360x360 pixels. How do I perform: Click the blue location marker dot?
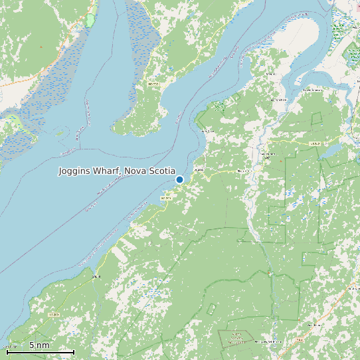tap(179, 179)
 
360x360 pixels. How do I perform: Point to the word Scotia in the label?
tap(162, 171)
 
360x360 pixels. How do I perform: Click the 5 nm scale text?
tap(39, 345)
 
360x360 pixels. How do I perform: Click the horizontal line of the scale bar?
tap(40, 351)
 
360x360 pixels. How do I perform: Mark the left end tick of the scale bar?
tap(7, 351)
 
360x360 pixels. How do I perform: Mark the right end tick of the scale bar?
tap(74, 351)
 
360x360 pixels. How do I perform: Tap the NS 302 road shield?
tap(316, 143)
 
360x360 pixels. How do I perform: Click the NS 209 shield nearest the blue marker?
tap(165, 198)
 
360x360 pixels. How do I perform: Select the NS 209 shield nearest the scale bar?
tap(54, 314)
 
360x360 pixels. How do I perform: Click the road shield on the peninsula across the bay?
tap(154, 84)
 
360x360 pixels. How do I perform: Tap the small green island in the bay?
tap(218, 104)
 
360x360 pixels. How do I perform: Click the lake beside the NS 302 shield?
tap(330, 151)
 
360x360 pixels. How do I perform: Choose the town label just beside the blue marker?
tap(197, 170)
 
